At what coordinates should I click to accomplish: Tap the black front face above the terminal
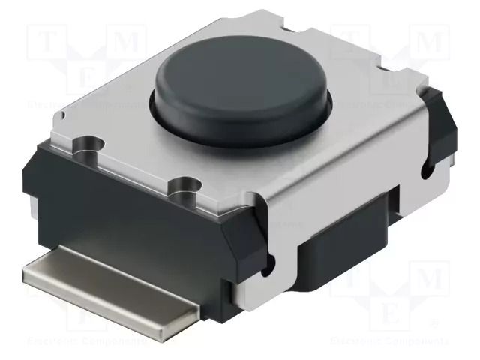coord(127,225)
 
